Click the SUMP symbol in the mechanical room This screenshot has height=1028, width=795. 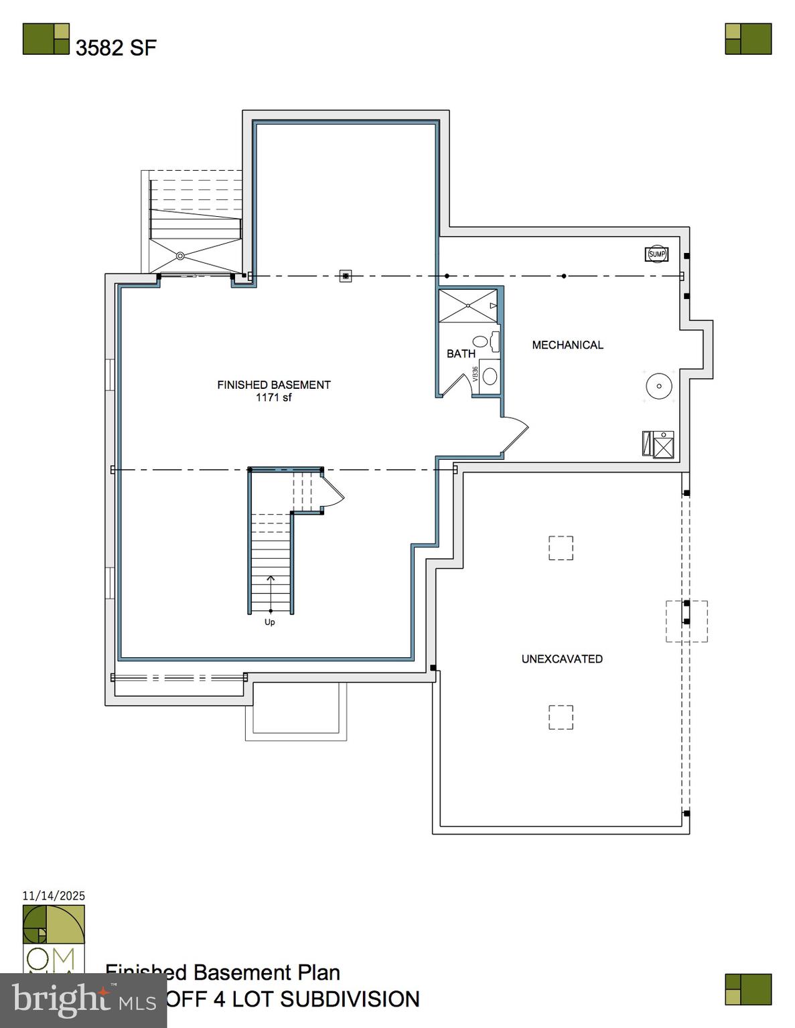656,254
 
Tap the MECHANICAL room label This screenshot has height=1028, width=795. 567,345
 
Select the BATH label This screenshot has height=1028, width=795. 461,353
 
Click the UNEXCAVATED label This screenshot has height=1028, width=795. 562,659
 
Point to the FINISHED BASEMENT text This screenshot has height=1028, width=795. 273,385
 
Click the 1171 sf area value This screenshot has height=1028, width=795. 273,398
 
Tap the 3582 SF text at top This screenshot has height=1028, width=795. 115,48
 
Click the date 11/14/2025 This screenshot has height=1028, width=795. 54,895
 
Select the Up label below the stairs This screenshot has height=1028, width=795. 269,622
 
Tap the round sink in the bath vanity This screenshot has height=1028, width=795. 490,376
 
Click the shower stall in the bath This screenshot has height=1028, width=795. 468,306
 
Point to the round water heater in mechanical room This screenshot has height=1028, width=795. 658,386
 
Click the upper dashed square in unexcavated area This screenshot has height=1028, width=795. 561,547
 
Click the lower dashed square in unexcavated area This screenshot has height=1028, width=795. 561,717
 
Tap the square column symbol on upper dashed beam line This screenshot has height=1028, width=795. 346,276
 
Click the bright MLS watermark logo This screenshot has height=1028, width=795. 82,1001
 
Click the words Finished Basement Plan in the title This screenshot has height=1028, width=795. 223,972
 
